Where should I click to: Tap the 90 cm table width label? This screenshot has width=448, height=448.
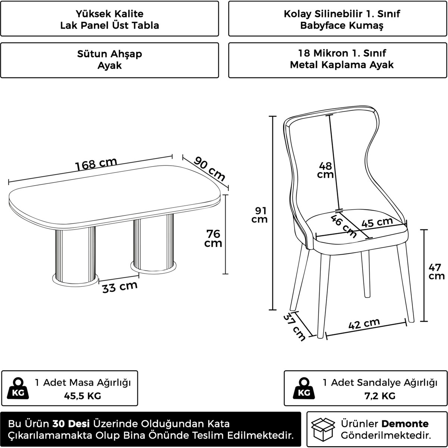click(x=209, y=168)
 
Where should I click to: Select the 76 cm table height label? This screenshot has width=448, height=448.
click(x=213, y=238)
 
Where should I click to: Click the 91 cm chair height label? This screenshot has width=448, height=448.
click(x=259, y=215)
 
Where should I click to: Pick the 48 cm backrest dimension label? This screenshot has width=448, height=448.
click(x=326, y=170)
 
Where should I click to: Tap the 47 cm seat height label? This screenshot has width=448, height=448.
click(x=436, y=271)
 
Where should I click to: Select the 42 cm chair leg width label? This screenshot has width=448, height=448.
click(x=364, y=324)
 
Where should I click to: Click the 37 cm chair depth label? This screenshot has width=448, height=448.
click(x=294, y=327)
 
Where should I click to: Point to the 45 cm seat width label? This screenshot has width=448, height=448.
click(x=377, y=222)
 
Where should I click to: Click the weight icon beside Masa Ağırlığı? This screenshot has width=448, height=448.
click(x=18, y=388)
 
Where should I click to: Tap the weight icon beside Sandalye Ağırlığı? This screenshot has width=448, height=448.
click(x=304, y=388)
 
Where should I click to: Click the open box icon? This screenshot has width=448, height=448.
click(x=323, y=429)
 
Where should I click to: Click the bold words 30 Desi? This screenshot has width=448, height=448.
click(x=71, y=424)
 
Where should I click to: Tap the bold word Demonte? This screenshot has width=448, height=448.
click(x=405, y=424)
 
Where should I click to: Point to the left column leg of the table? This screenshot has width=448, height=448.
click(x=75, y=256)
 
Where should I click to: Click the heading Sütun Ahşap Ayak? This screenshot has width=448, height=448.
click(x=109, y=59)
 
